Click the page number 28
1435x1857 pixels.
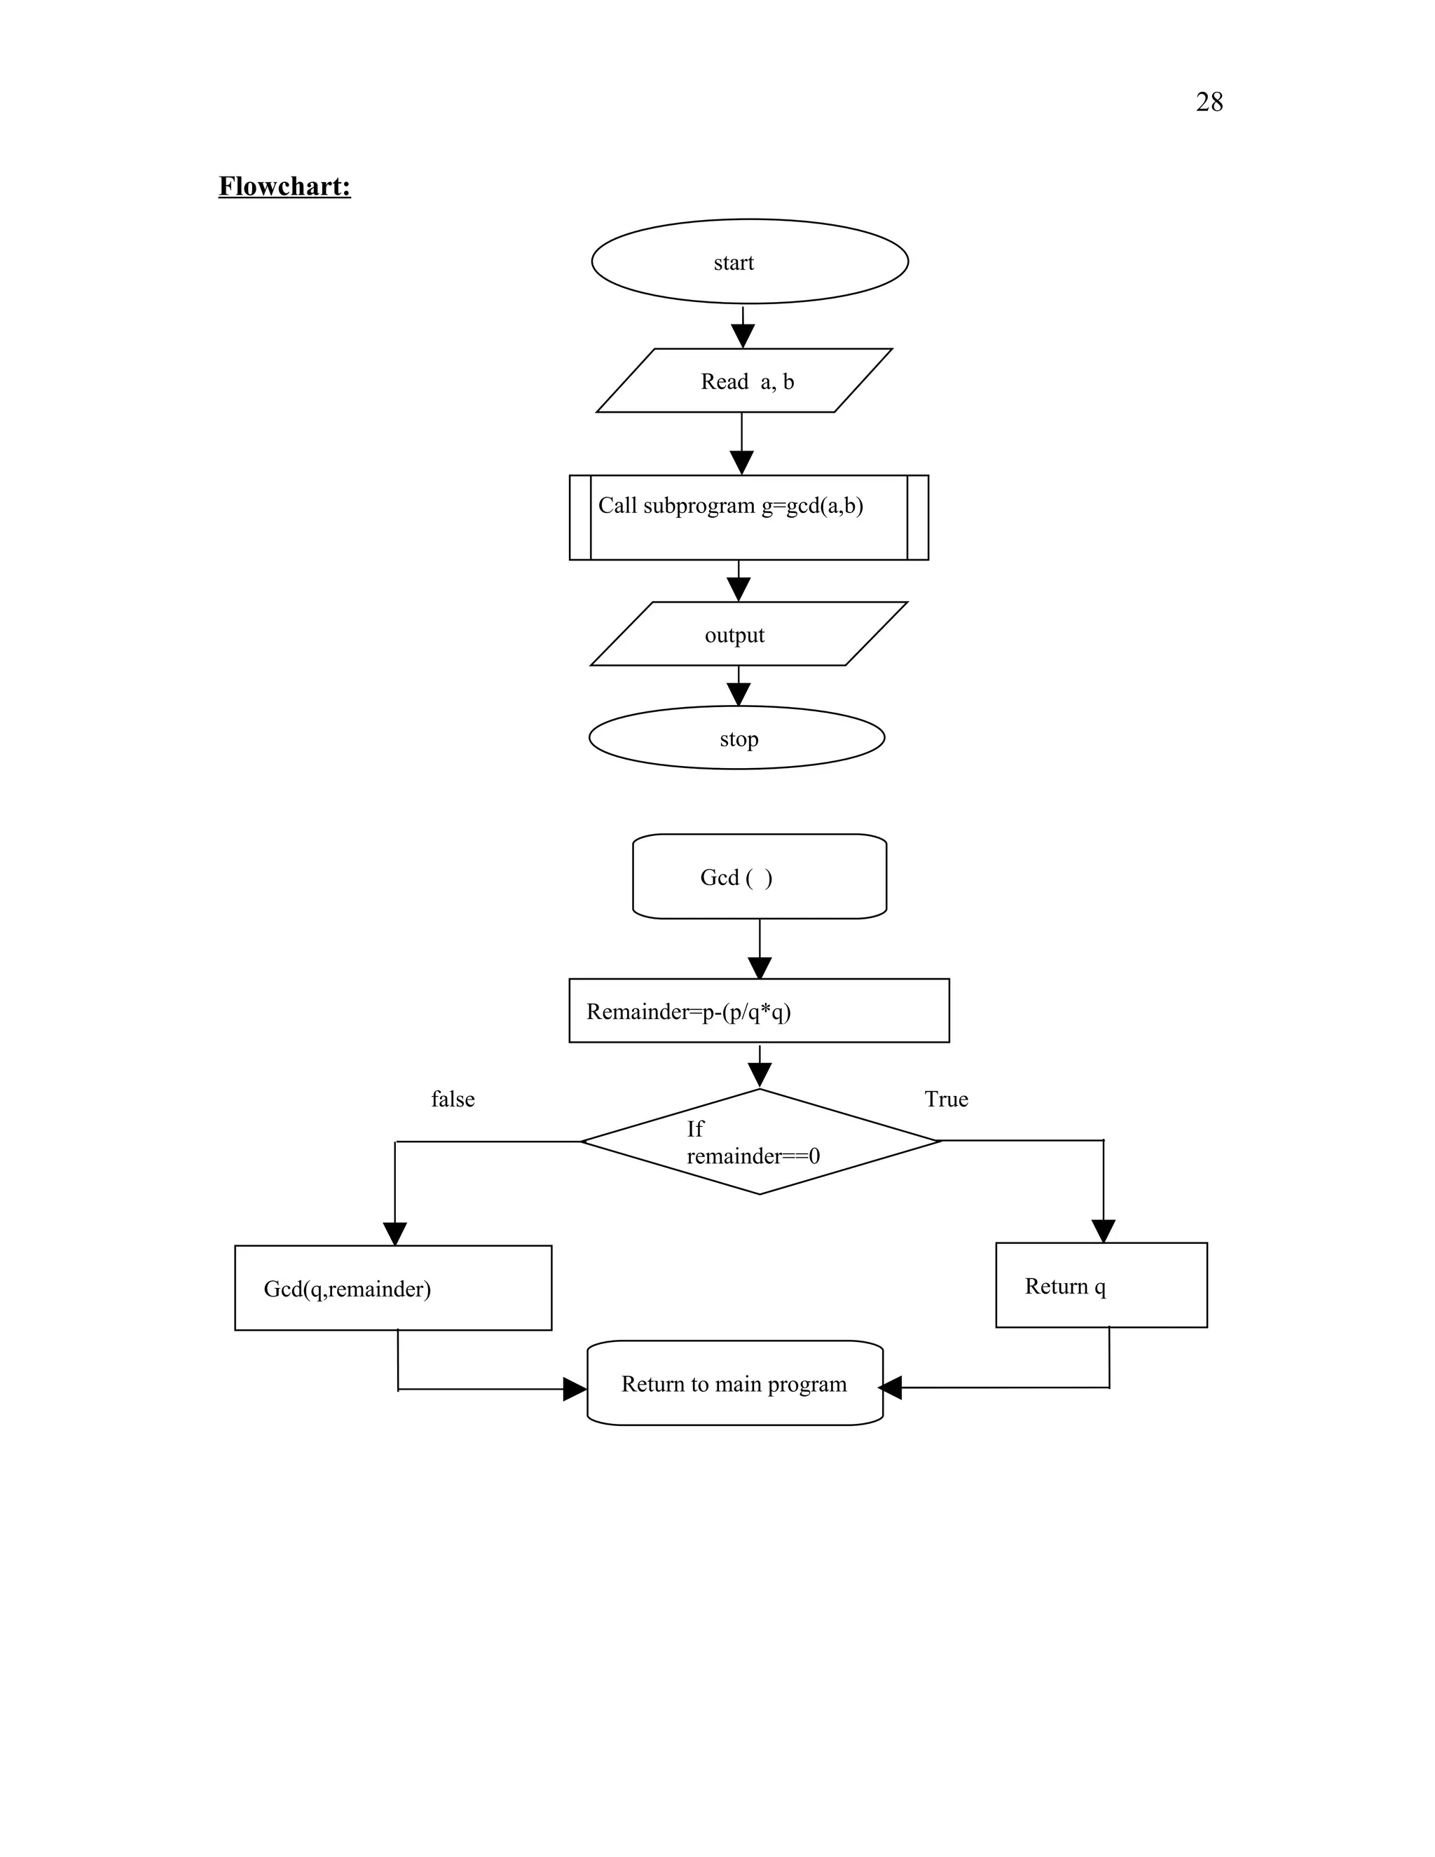click(1208, 102)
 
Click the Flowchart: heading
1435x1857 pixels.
click(284, 186)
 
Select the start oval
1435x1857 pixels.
click(749, 261)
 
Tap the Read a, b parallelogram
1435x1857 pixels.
click(745, 381)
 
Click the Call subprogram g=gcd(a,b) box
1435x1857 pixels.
click(748, 517)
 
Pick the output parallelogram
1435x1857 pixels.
click(748, 634)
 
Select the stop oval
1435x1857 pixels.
click(736, 737)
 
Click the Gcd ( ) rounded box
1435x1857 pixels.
click(759, 876)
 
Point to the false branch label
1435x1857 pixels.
click(452, 1099)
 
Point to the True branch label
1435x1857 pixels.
click(945, 1099)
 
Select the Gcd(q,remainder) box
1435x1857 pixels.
click(393, 1287)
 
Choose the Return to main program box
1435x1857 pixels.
click(734, 1383)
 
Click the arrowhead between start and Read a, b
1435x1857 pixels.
click(742, 336)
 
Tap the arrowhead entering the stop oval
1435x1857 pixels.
click(739, 694)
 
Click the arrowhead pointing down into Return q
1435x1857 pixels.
click(1103, 1231)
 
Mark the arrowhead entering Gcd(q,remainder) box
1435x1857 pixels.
click(394, 1234)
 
